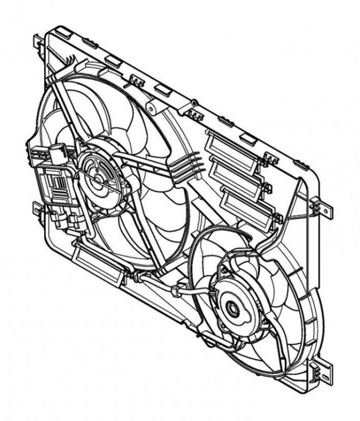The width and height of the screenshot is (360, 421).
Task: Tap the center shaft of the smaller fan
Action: [x=232, y=309]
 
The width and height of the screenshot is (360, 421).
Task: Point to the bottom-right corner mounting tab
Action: [x=324, y=370]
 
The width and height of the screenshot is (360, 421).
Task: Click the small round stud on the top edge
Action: [x=194, y=103]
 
